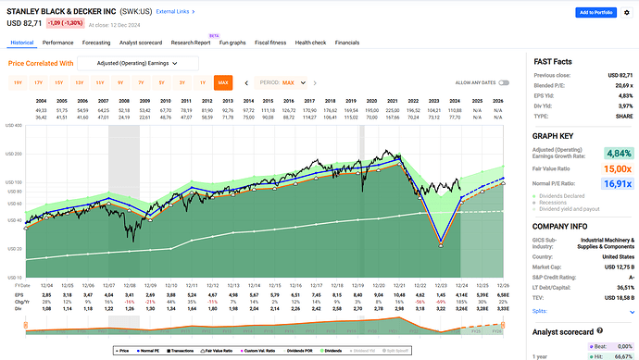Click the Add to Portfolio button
(597, 13)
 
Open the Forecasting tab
(96, 43)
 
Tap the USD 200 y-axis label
(15, 154)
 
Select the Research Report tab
(189, 43)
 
